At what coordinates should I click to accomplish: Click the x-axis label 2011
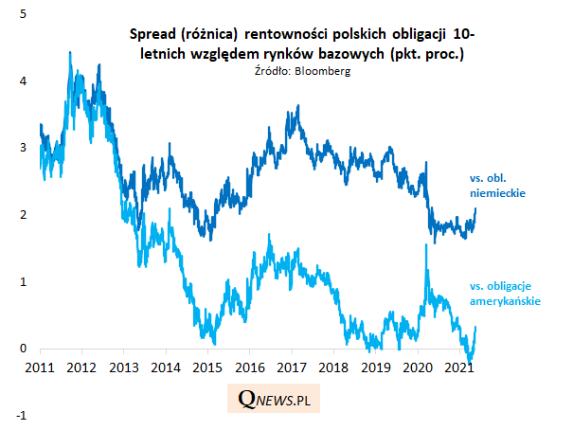click(39, 367)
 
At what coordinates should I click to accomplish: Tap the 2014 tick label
click(165, 367)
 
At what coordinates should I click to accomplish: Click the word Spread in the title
click(149, 34)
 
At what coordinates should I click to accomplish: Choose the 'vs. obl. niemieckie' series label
click(497, 185)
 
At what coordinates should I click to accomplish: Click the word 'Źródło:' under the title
click(274, 71)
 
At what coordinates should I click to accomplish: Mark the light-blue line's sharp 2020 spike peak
click(425, 244)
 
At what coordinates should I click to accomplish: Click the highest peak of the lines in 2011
click(70, 53)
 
